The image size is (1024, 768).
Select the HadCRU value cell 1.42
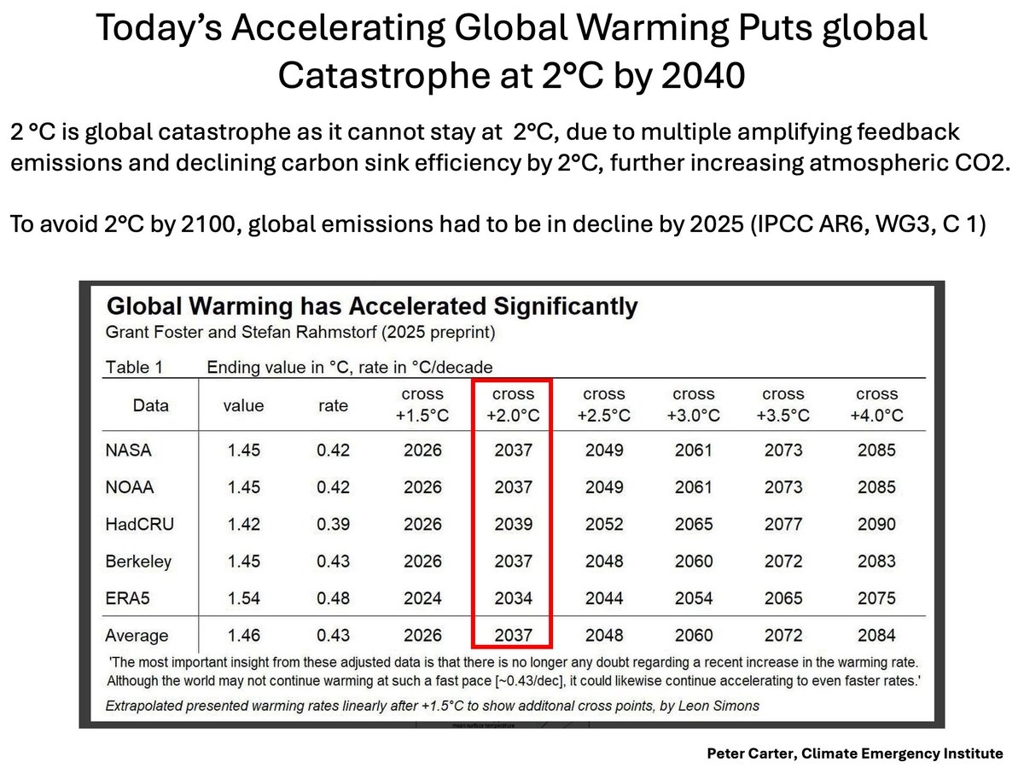(x=245, y=524)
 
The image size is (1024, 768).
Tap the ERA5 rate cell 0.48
(x=333, y=598)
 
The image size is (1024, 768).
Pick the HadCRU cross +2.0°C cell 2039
(x=513, y=524)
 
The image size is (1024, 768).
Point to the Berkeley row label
(x=138, y=561)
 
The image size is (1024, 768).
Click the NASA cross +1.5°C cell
(x=423, y=450)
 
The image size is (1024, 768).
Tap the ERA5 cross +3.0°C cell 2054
(x=694, y=598)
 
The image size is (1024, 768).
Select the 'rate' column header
(x=333, y=406)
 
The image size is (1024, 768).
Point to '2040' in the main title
(x=702, y=77)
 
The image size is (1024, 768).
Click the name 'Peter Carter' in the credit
(x=753, y=753)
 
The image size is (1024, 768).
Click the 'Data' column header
(x=151, y=406)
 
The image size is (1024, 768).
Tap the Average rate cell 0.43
(x=333, y=636)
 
